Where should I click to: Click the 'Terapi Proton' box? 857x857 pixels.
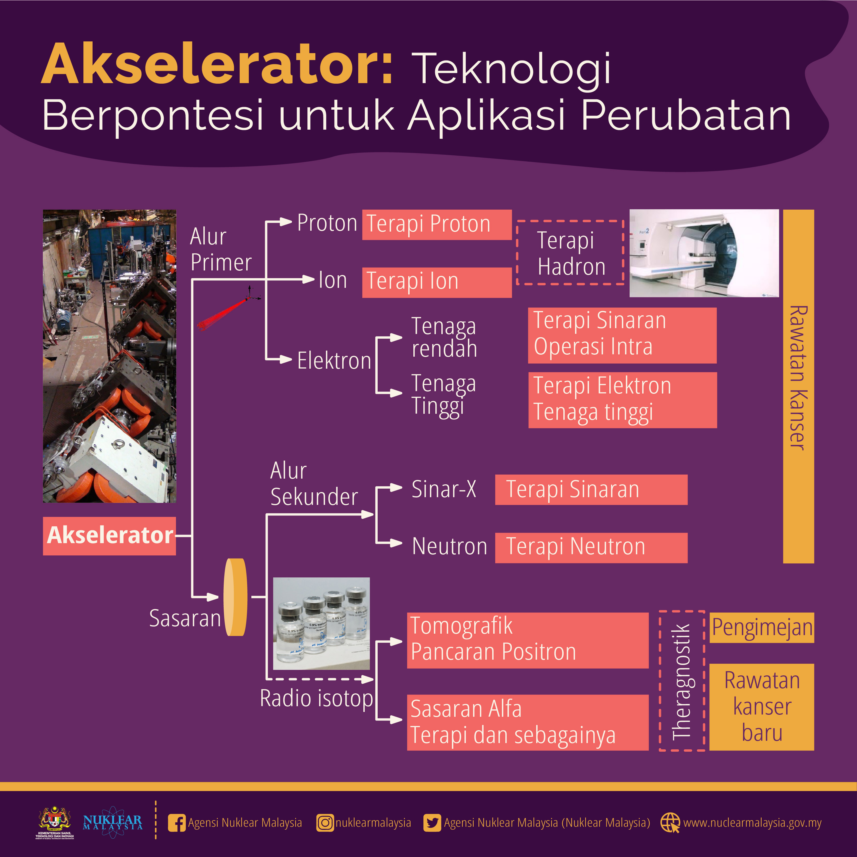click(437, 224)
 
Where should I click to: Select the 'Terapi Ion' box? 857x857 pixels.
click(437, 282)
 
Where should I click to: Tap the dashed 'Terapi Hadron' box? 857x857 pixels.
click(570, 252)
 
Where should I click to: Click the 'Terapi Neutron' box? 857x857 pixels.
click(591, 548)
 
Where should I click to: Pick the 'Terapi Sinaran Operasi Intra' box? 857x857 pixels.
click(622, 335)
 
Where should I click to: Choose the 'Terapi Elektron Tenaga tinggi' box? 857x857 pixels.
click(622, 400)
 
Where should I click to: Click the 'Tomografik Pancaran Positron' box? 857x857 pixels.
click(528, 640)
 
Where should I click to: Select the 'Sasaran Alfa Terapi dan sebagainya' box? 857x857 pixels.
click(528, 722)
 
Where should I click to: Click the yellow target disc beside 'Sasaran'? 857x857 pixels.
click(235, 597)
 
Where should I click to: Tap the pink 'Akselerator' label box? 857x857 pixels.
click(109, 536)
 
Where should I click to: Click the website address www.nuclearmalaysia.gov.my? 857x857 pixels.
click(752, 823)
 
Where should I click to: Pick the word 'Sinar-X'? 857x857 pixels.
click(444, 489)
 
